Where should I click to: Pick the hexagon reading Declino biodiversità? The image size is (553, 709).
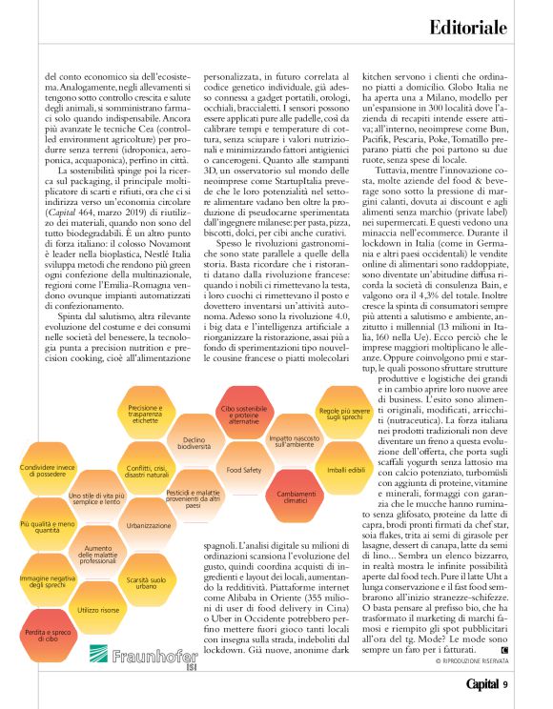(194, 442)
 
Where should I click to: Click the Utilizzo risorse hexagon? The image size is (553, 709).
(98, 609)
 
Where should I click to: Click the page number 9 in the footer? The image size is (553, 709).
(506, 684)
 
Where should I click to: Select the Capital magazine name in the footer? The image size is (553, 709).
(481, 684)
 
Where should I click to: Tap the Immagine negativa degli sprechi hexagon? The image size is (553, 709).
(47, 580)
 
